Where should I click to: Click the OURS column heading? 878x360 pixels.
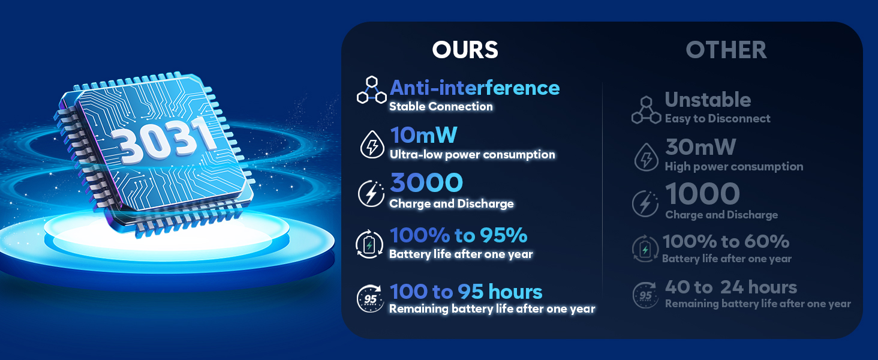tap(465, 50)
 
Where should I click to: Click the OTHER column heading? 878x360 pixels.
tap(726, 50)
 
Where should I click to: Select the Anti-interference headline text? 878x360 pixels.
tap(474, 88)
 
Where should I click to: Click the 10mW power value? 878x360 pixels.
tap(423, 135)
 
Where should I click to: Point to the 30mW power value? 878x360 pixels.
tap(700, 147)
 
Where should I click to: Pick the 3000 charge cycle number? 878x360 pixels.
tap(426, 182)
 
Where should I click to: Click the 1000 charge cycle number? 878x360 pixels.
tap(702, 194)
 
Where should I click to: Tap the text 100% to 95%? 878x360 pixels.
tap(458, 235)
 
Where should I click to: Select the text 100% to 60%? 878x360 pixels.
tap(726, 241)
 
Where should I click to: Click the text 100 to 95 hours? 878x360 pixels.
tap(466, 292)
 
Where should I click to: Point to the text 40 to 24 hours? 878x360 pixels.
tap(731, 287)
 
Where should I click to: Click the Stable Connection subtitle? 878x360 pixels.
tap(441, 106)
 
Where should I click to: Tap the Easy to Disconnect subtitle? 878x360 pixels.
tap(718, 118)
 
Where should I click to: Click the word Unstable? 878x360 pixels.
tap(708, 100)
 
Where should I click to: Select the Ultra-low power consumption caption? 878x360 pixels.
tap(473, 155)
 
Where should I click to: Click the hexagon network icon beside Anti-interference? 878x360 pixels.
tap(372, 90)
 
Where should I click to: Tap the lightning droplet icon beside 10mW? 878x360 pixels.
tap(372, 145)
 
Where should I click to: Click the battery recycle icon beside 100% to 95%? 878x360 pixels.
tap(369, 244)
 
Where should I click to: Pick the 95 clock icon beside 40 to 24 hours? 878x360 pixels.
tap(645, 295)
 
